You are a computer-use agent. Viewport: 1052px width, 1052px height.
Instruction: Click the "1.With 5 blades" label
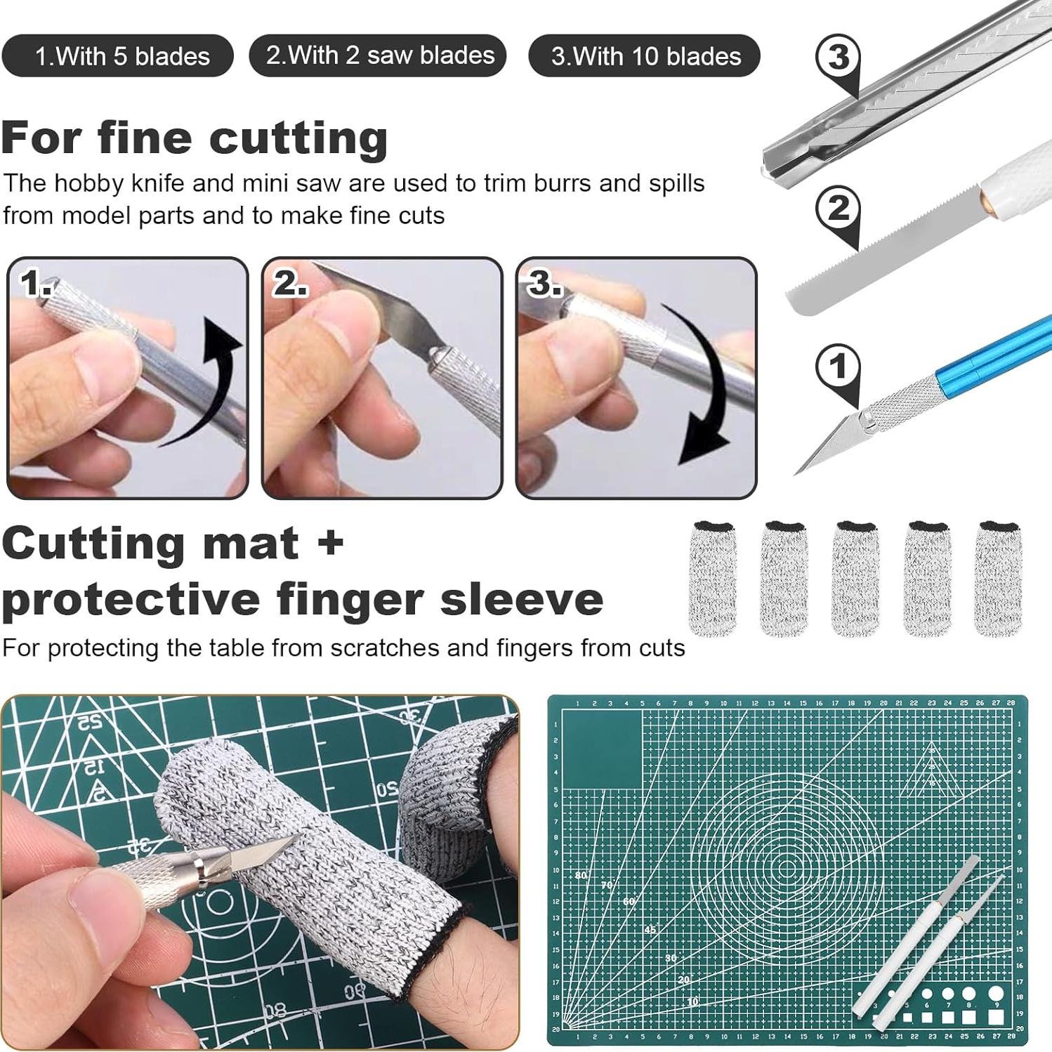117,55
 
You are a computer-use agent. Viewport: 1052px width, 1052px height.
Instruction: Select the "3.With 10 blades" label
644,55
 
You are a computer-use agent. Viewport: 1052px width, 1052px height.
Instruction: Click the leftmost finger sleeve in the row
712,578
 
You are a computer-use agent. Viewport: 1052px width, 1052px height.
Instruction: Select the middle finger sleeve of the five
855,578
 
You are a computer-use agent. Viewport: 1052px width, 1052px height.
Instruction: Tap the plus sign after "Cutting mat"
328,543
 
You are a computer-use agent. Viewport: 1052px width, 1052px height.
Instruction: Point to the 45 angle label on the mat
650,930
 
